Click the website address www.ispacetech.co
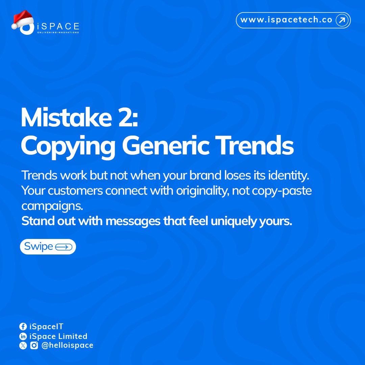pos(286,20)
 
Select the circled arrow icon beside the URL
pos(342,20)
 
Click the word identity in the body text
pos(291,175)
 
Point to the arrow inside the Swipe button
pos(63,247)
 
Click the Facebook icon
pos(23,326)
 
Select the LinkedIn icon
pos(23,336)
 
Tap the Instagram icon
pos(34,345)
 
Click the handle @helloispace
pos(67,345)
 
